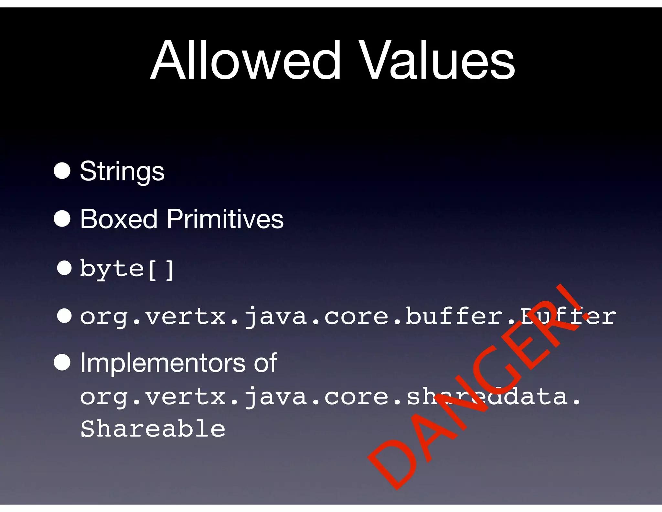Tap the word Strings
pyautogui.click(x=122, y=171)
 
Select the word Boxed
pyautogui.click(x=118, y=219)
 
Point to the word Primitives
pyautogui.click(x=225, y=219)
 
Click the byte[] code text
pyautogui.click(x=127, y=269)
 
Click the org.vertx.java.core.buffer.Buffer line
pyautogui.click(x=347, y=316)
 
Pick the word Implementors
pyautogui.click(x=163, y=363)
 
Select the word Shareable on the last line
pyautogui.click(x=153, y=429)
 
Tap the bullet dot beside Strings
pyautogui.click(x=62, y=171)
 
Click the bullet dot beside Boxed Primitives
pyautogui.click(x=62, y=218)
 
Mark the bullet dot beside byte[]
pyautogui.click(x=64, y=268)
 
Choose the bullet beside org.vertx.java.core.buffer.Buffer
pyautogui.click(x=64, y=316)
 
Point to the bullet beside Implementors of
pyautogui.click(x=62, y=362)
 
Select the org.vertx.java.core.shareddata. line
pyautogui.click(x=330, y=397)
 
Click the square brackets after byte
pyautogui.click(x=161, y=269)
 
